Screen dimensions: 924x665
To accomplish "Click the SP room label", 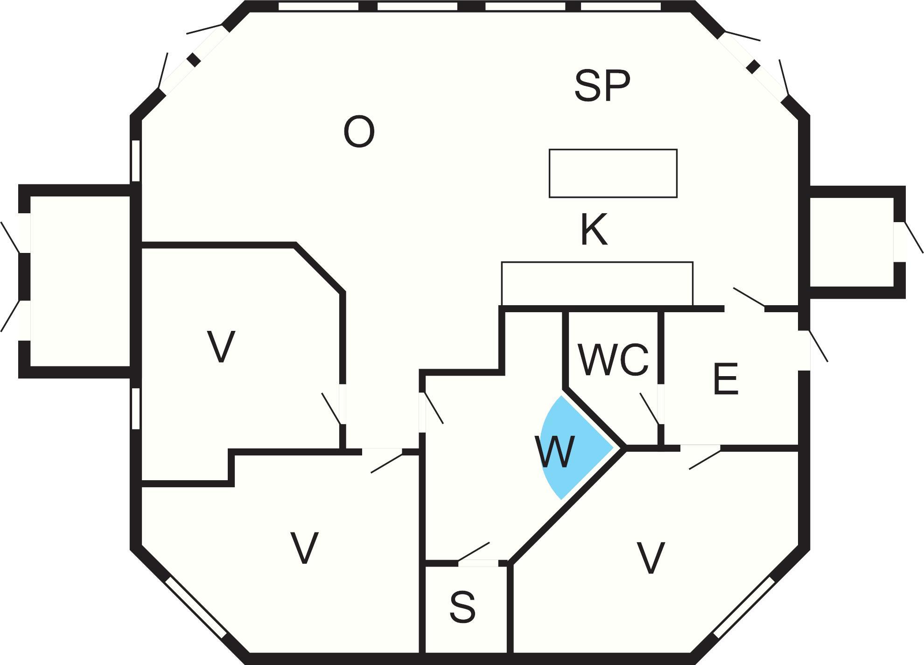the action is [x=602, y=85].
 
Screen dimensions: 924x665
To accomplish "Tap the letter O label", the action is [x=359, y=132].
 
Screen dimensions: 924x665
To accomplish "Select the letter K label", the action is [x=594, y=229].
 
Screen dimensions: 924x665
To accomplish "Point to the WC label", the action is [x=613, y=360].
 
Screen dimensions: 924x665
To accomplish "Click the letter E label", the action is [x=726, y=379].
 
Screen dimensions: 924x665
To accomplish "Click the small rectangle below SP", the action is [x=613, y=174].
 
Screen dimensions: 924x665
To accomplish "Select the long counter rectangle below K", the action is [x=597, y=284].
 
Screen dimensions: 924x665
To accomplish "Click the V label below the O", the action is [x=221, y=346].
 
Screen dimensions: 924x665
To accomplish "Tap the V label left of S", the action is [x=304, y=547].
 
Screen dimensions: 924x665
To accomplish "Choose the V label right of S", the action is [x=651, y=558].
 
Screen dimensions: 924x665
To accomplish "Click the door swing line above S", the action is [x=474, y=552].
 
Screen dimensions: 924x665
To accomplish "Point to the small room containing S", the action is [x=466, y=609].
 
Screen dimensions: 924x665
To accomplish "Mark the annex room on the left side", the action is [x=80, y=281].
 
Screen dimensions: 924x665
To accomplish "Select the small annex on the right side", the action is [x=852, y=242].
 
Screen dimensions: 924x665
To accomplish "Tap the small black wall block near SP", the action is [x=753, y=67].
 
